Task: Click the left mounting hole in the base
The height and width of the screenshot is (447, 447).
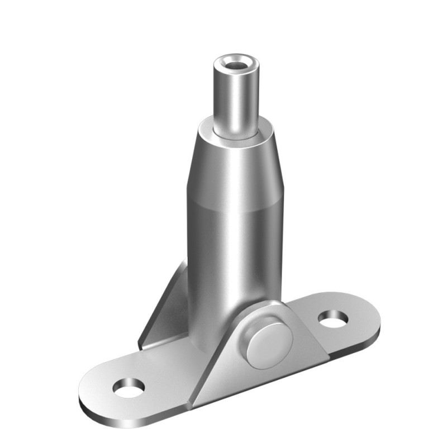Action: coord(129,388)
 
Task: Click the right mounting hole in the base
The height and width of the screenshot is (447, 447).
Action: coord(333,319)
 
